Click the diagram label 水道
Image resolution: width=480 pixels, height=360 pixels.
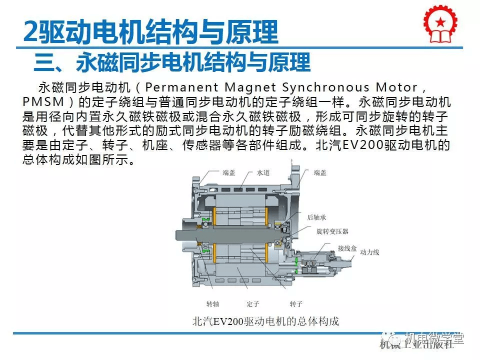point(263,172)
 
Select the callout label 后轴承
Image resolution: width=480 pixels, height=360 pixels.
point(316,217)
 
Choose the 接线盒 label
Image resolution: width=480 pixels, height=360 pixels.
point(346,248)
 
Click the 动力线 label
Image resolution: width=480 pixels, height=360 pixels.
point(369,252)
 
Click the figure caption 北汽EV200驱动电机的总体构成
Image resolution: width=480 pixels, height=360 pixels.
point(266,321)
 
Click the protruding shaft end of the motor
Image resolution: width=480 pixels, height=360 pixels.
point(183,234)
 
